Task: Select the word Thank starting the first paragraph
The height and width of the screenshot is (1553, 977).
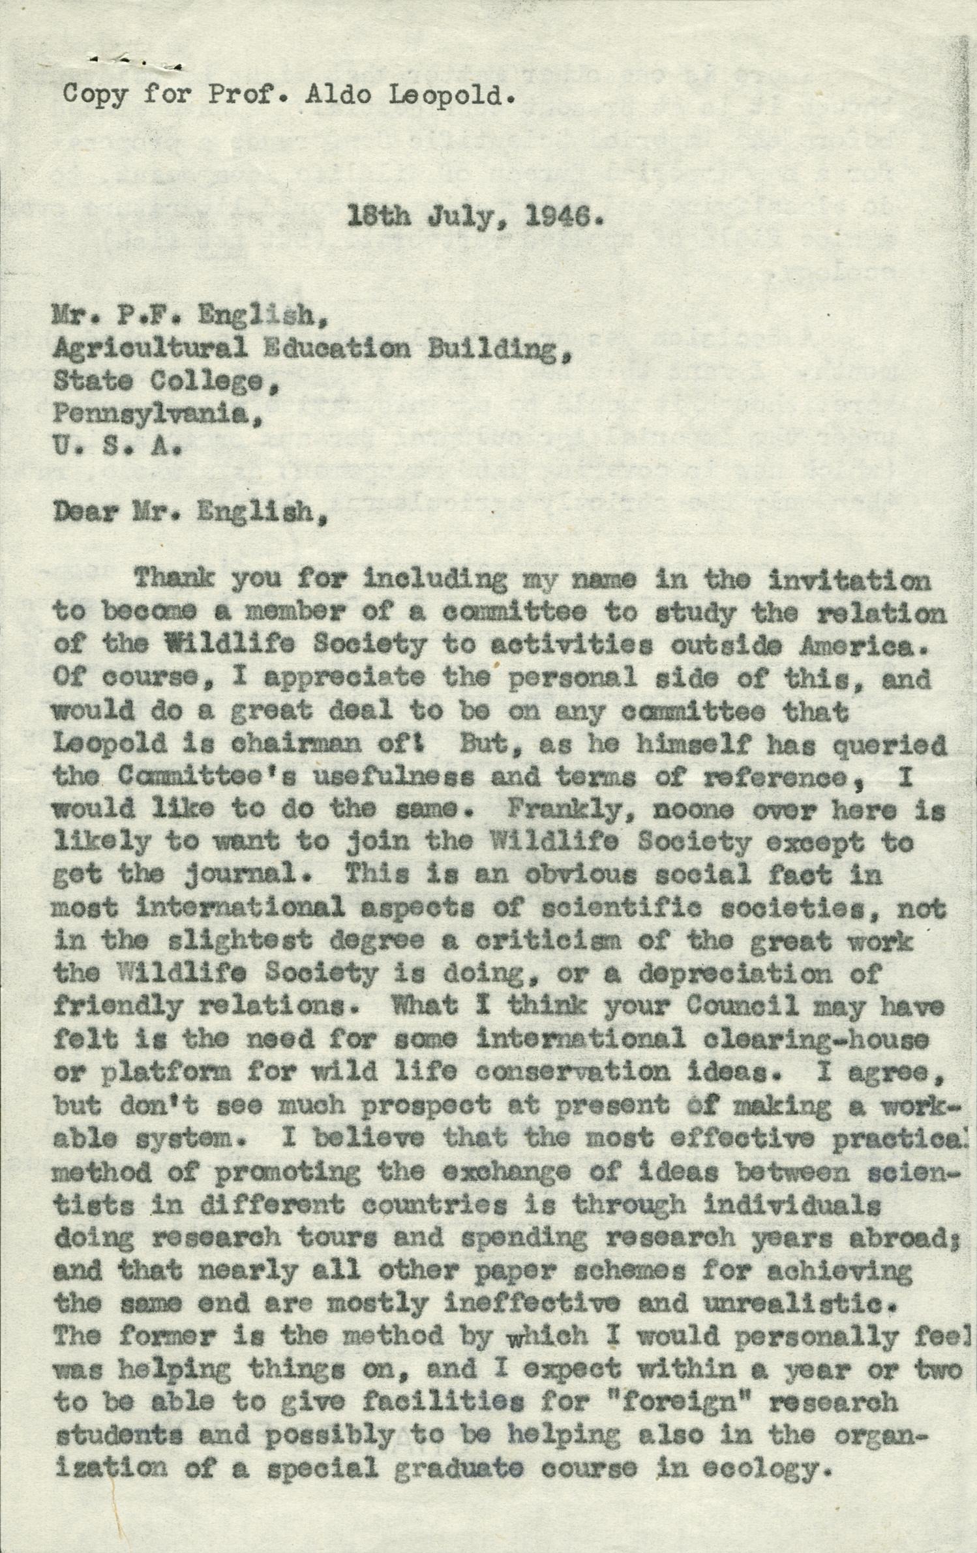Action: click(x=174, y=580)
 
